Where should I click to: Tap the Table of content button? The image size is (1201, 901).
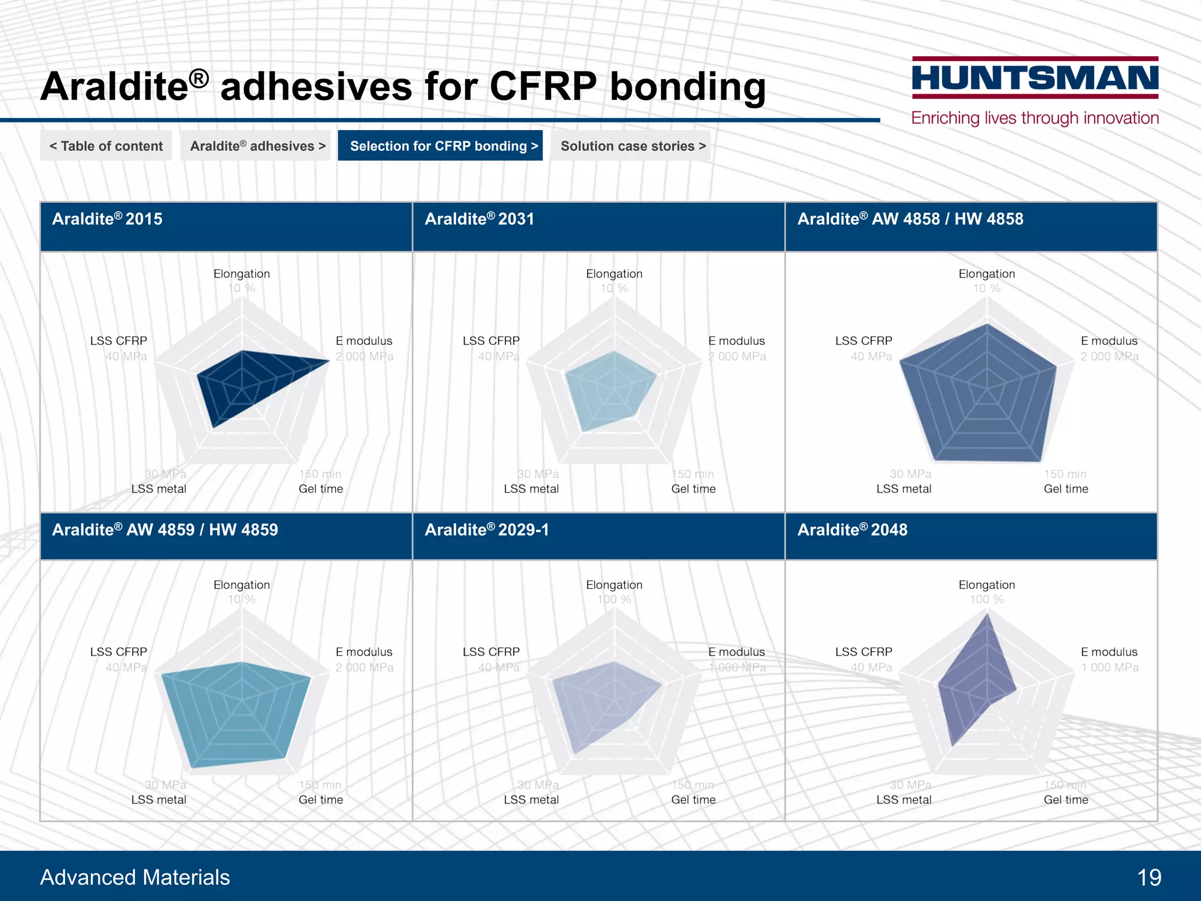106,146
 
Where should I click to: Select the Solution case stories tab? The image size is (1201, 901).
632,146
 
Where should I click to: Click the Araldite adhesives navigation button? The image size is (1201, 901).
257,146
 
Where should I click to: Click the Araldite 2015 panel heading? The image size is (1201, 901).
107,219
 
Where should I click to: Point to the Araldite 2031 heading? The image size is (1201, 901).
479,219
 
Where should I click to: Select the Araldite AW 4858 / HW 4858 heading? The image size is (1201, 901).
910,219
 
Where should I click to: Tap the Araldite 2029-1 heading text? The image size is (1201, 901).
486,530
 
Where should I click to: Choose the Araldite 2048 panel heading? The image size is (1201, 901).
851,530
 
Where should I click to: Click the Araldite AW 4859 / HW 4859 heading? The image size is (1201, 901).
165,530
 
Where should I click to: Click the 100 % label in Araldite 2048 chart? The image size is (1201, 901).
986,599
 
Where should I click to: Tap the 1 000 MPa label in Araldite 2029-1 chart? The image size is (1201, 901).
737,668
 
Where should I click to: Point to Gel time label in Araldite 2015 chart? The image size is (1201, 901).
321,489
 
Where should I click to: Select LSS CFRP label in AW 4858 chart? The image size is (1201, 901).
863,341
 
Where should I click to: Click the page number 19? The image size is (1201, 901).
1149,878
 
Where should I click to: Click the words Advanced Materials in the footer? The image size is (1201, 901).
135,878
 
